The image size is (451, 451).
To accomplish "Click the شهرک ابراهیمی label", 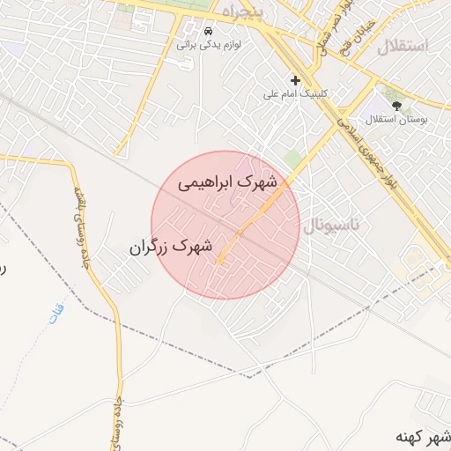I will tap(227, 182).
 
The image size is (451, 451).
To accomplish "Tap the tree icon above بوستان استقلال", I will tap(397, 103).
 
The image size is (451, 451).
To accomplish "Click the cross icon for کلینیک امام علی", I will tap(295, 80).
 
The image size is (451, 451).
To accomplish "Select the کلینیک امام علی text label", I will tap(295, 92).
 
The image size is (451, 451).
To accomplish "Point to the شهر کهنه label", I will tap(424, 437).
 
